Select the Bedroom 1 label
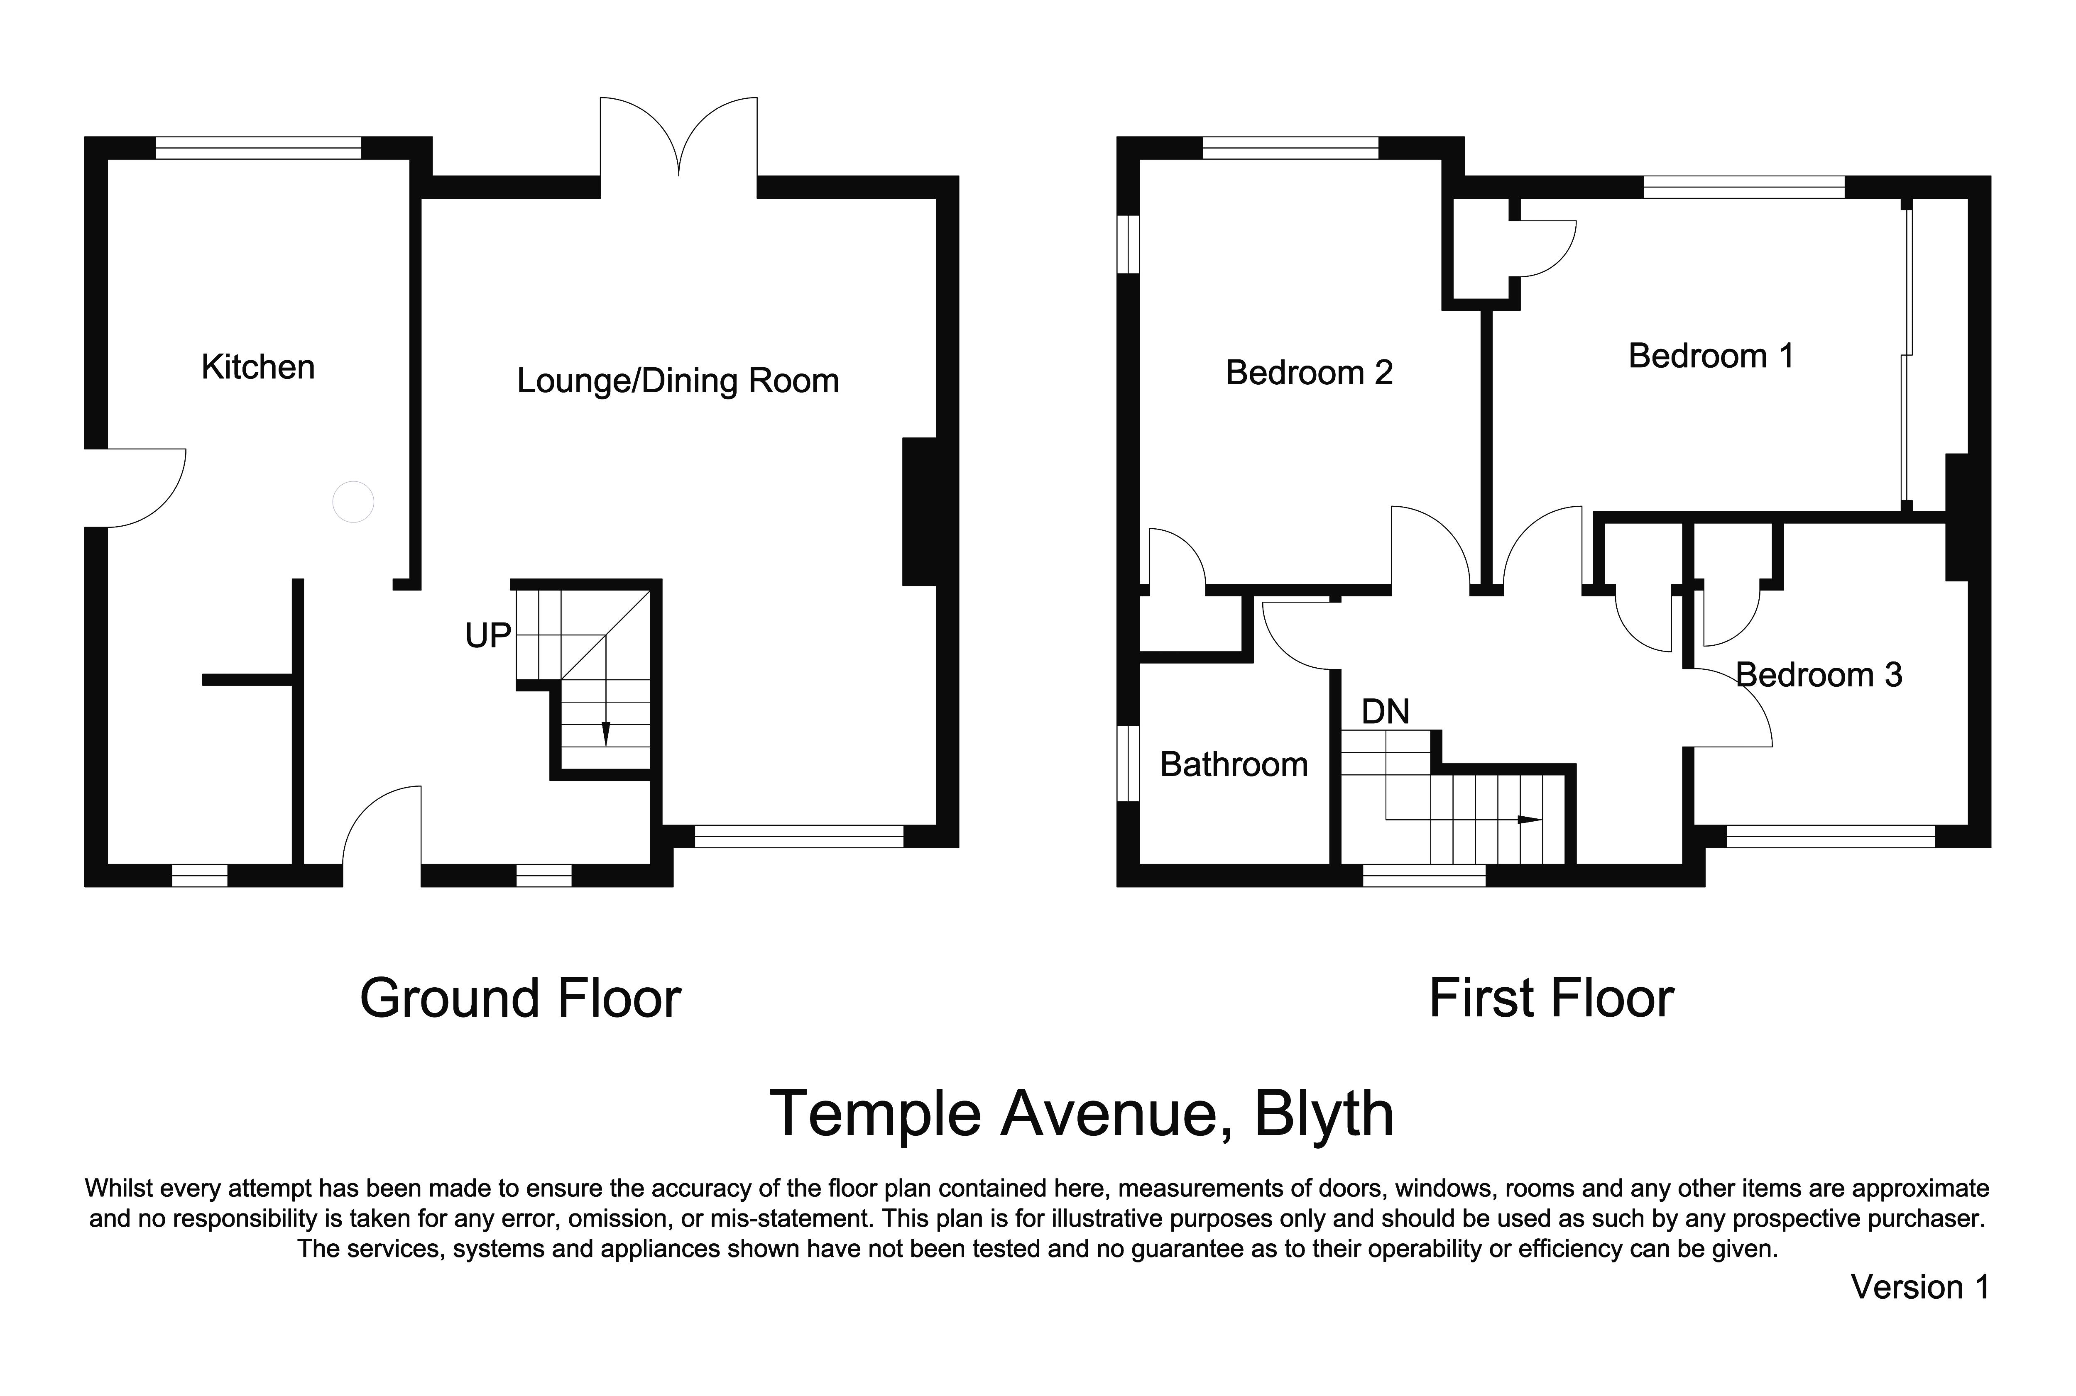pyautogui.click(x=1710, y=356)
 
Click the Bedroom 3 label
pyautogui.click(x=1819, y=675)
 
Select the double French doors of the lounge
pyautogui.click(x=678, y=142)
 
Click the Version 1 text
pyautogui.click(x=1919, y=1286)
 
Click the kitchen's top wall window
pyautogui.click(x=258, y=148)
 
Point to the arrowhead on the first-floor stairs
pyautogui.click(x=1529, y=819)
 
